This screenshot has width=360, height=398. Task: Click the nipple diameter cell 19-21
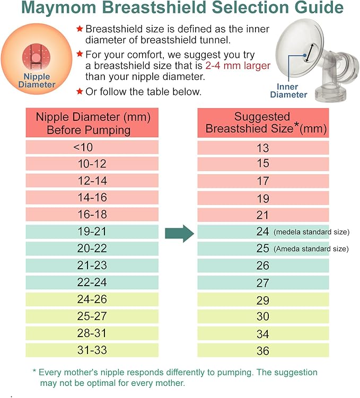pyautogui.click(x=92, y=232)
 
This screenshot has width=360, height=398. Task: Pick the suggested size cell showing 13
pyautogui.click(x=263, y=148)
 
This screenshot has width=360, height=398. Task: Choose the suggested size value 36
pyautogui.click(x=263, y=350)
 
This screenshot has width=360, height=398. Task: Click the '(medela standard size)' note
pyautogui.click(x=312, y=232)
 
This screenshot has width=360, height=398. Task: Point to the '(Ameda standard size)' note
pyautogui.click(x=311, y=249)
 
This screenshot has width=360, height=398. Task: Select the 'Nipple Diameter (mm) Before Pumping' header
pyautogui.click(x=92, y=122)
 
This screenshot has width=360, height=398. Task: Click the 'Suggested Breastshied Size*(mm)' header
pyautogui.click(x=264, y=122)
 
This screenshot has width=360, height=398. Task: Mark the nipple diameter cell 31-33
pyautogui.click(x=92, y=350)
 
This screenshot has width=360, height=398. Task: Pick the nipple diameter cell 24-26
pyautogui.click(x=92, y=299)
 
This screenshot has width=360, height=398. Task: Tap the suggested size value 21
pyautogui.click(x=263, y=215)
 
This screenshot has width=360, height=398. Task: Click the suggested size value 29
pyautogui.click(x=263, y=300)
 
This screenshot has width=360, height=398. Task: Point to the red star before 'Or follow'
pyautogui.click(x=80, y=92)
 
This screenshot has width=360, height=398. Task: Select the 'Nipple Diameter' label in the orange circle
pyautogui.click(x=37, y=81)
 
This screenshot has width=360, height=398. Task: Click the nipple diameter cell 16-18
pyautogui.click(x=92, y=214)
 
